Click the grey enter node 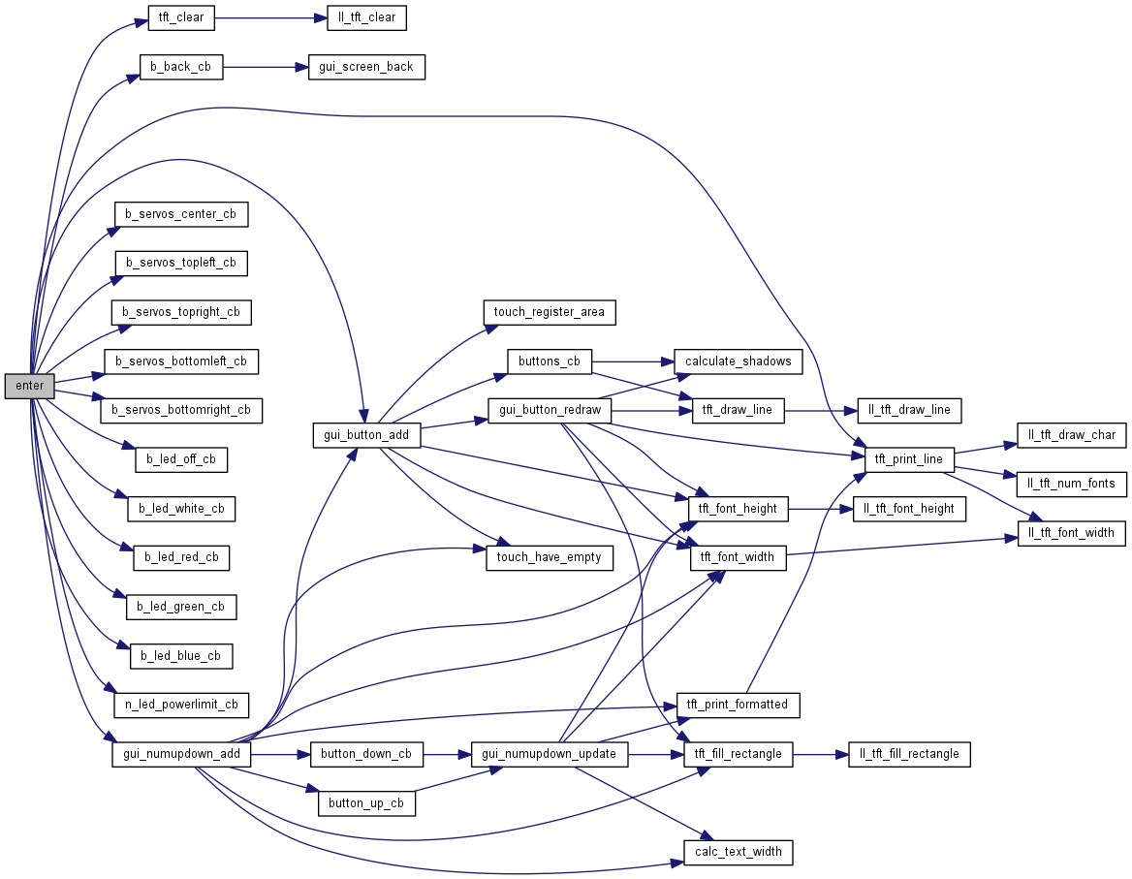(30, 386)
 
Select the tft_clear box (181, 17)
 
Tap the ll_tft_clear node (361, 17)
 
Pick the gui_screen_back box (366, 67)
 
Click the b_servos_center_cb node (181, 214)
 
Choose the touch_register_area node (549, 312)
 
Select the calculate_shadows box (738, 361)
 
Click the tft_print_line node (909, 459)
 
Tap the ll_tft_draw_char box (1072, 435)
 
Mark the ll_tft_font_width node (1071, 533)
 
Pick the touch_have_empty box (549, 557)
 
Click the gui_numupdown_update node (550, 754)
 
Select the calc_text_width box (739, 853)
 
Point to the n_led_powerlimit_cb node (181, 705)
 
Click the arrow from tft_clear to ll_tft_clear (266, 17)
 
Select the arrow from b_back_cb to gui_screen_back (266, 67)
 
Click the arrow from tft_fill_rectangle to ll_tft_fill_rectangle (821, 754)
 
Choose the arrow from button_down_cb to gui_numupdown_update (447, 754)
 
